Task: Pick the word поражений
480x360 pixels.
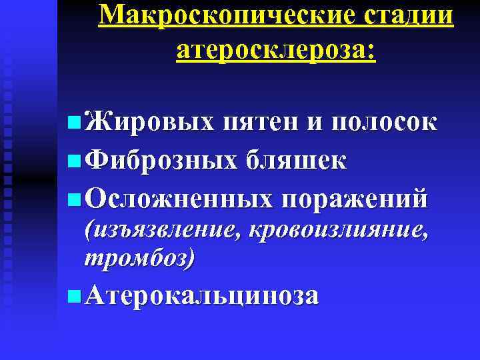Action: (354, 199)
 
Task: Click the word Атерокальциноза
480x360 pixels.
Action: (203, 295)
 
